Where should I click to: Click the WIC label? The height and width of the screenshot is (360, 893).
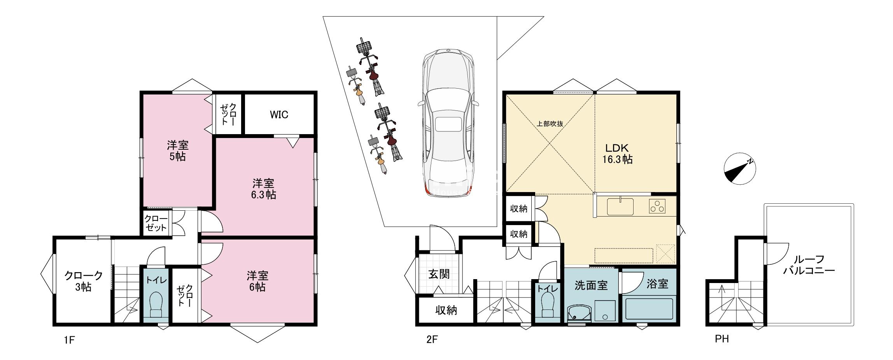pyautogui.click(x=279, y=115)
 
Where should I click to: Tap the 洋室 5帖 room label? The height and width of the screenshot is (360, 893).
pyautogui.click(x=178, y=151)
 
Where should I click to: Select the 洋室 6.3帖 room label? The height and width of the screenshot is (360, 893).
pyautogui.click(x=263, y=189)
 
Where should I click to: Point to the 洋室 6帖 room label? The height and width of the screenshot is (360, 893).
pyautogui.click(x=257, y=281)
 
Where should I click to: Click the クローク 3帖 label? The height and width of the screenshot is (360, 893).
pyautogui.click(x=83, y=281)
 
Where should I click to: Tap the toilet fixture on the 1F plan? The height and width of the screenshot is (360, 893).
pyautogui.click(x=156, y=306)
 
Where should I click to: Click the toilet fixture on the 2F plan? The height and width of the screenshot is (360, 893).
pyautogui.click(x=548, y=306)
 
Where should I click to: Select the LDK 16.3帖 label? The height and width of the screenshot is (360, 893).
pyautogui.click(x=617, y=153)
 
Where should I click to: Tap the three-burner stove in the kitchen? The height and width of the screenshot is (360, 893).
pyautogui.click(x=657, y=206)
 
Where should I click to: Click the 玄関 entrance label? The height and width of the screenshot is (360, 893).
pyautogui.click(x=439, y=274)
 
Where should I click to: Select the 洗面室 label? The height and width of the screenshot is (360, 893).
pyautogui.click(x=591, y=285)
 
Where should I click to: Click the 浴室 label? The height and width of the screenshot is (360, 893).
pyautogui.click(x=657, y=284)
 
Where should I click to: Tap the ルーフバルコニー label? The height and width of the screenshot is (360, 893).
pyautogui.click(x=809, y=265)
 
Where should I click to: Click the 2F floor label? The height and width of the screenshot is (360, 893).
pyautogui.click(x=432, y=340)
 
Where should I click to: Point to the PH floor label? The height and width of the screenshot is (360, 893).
pyautogui.click(x=722, y=339)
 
